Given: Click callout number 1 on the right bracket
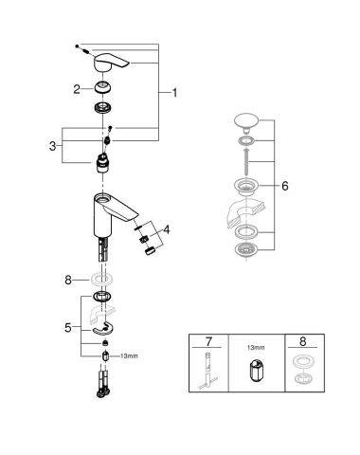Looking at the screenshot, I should click(174, 92).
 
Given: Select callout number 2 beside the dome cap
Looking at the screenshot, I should click(78, 89).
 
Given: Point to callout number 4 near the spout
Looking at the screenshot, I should click(168, 229).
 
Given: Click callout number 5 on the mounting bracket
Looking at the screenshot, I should click(67, 327).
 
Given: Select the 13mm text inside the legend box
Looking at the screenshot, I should click(254, 348).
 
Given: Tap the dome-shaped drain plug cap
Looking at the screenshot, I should click(245, 123).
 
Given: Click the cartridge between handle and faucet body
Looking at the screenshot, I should click(101, 162).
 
